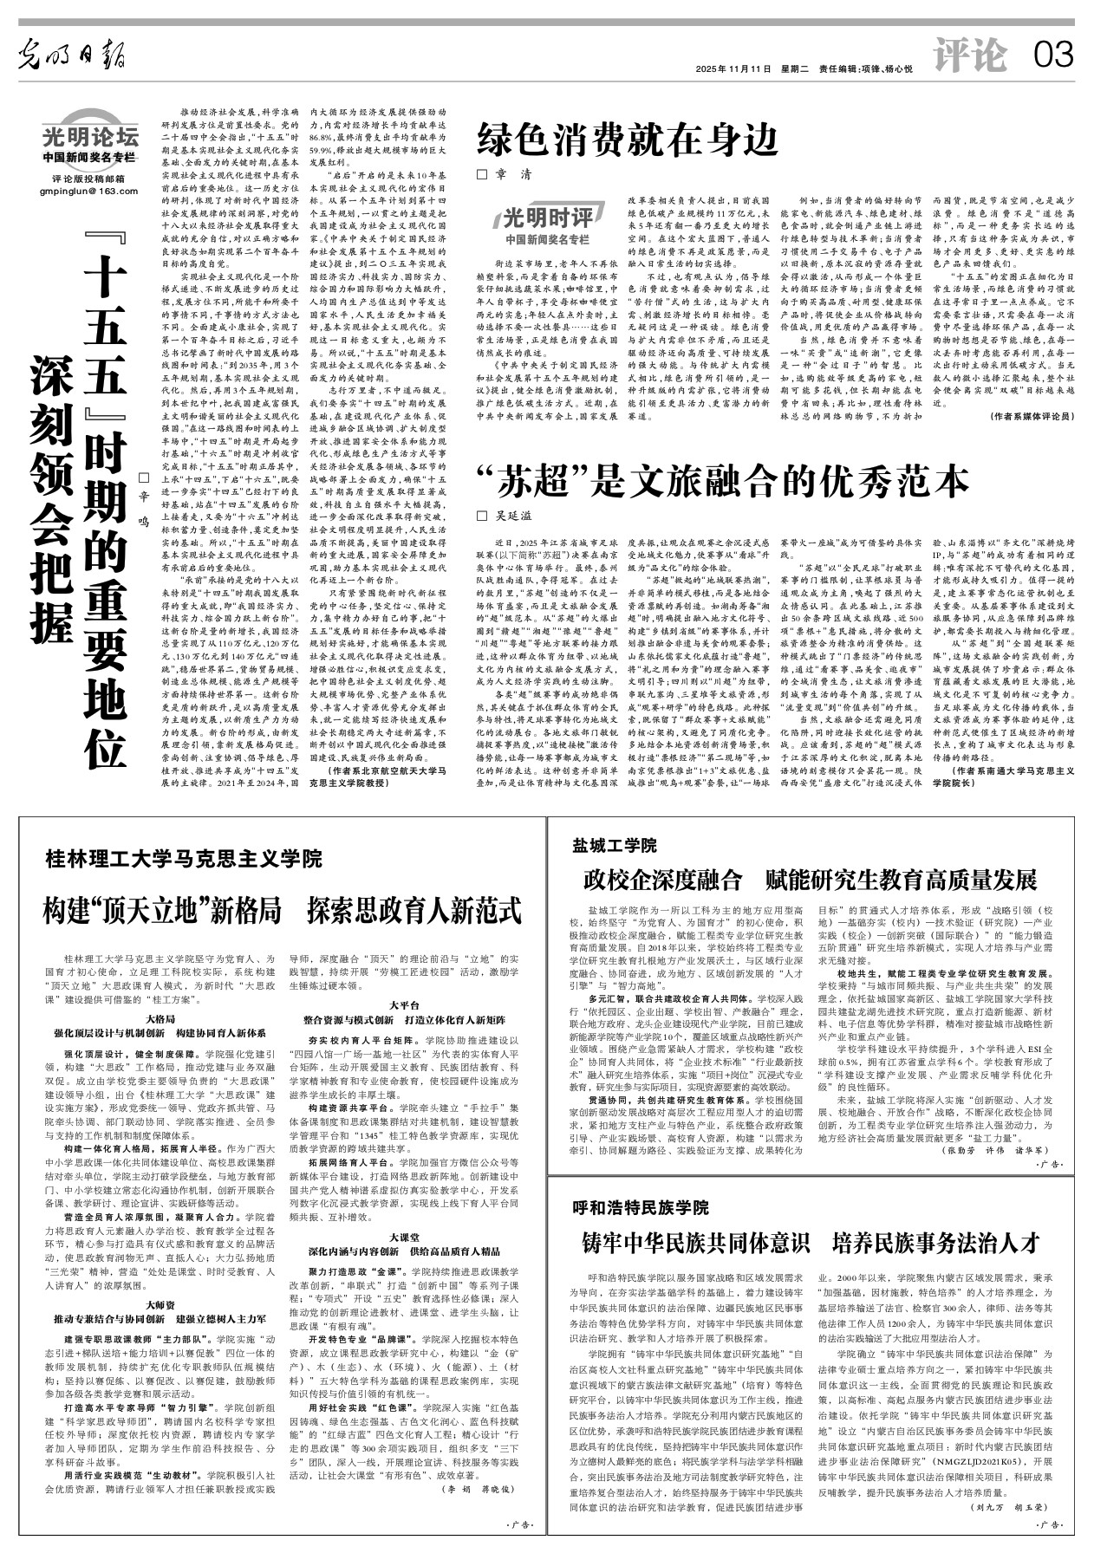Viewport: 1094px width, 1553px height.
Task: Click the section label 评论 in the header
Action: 970,56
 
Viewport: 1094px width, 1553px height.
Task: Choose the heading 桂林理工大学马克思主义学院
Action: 184,859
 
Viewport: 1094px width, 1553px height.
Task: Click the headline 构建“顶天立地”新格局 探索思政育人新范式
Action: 283,911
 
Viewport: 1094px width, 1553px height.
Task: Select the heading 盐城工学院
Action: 614,845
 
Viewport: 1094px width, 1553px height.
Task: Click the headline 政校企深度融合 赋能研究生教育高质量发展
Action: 811,880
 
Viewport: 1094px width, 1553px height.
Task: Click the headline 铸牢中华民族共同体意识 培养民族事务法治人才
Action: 811,1243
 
